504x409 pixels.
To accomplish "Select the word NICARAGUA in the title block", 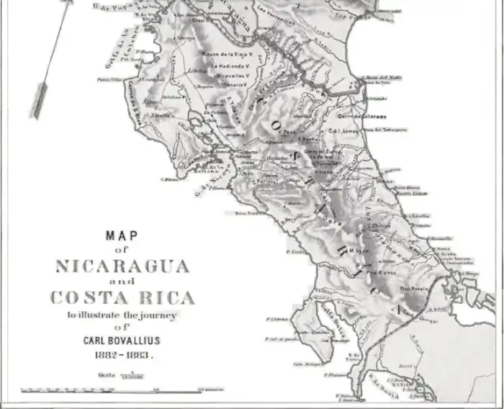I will [122, 266].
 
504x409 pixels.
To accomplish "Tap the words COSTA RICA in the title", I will [122, 297].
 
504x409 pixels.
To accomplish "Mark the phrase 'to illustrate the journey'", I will [122, 315].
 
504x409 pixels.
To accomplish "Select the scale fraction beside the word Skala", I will [132, 376].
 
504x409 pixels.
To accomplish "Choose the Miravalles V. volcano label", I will [230, 74].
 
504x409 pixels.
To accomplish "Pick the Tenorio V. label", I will [233, 84].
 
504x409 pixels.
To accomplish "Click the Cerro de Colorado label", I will [363, 116].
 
